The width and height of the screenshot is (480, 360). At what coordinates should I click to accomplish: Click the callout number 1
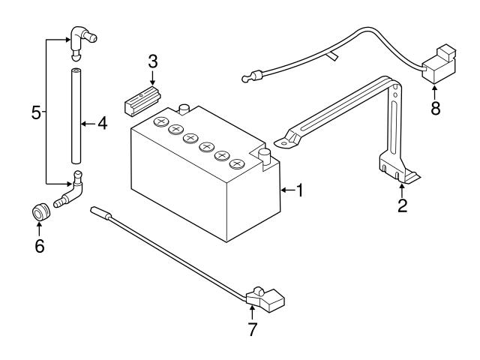(299, 190)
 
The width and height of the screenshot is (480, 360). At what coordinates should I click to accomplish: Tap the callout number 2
(402, 205)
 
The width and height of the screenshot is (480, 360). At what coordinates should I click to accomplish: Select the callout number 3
(152, 61)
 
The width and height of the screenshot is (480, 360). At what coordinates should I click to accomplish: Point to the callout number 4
(102, 123)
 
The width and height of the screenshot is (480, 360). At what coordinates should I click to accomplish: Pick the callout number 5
(36, 113)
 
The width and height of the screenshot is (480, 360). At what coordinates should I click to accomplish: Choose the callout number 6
(39, 245)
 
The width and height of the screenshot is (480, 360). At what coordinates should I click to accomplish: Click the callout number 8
(436, 106)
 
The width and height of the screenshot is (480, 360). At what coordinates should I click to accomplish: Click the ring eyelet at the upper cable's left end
(245, 75)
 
